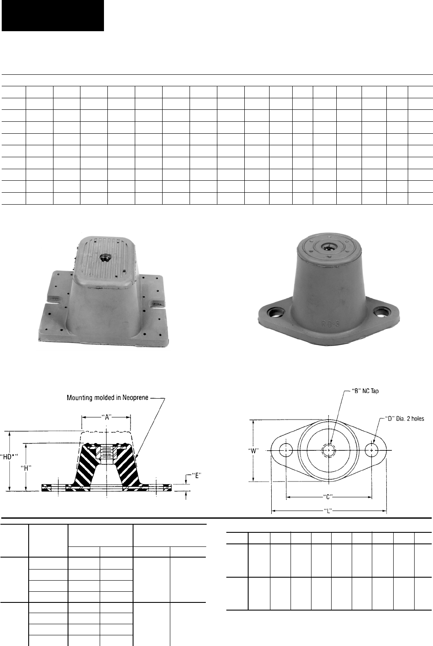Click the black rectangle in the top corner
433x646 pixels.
click(x=53, y=15)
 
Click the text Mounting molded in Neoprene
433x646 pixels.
click(x=107, y=398)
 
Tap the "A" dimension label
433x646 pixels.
click(x=107, y=417)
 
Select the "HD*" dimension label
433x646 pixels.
click(x=9, y=457)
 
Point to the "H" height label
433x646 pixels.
click(x=26, y=468)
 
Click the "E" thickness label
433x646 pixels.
click(x=196, y=476)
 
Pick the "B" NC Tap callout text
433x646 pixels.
click(x=365, y=391)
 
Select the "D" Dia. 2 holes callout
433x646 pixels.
click(x=405, y=419)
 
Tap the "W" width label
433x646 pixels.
click(x=253, y=451)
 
